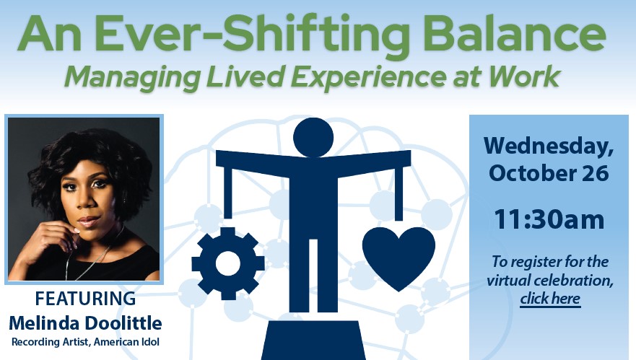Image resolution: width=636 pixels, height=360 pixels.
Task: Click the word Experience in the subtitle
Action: point(368,77)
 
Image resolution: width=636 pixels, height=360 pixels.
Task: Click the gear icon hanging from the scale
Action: point(228,263)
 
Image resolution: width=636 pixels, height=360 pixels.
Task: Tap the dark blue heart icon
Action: point(398,258)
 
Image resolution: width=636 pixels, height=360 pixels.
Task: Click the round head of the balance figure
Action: point(313,137)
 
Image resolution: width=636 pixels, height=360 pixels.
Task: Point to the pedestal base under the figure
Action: point(313,340)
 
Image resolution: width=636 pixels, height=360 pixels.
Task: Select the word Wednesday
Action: point(549,146)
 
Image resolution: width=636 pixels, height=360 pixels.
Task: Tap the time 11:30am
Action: point(549,219)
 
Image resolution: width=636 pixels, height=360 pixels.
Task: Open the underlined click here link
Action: point(550,299)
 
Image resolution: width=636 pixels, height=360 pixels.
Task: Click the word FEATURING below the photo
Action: point(85,299)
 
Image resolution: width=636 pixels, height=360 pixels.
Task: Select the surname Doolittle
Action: point(124,323)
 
